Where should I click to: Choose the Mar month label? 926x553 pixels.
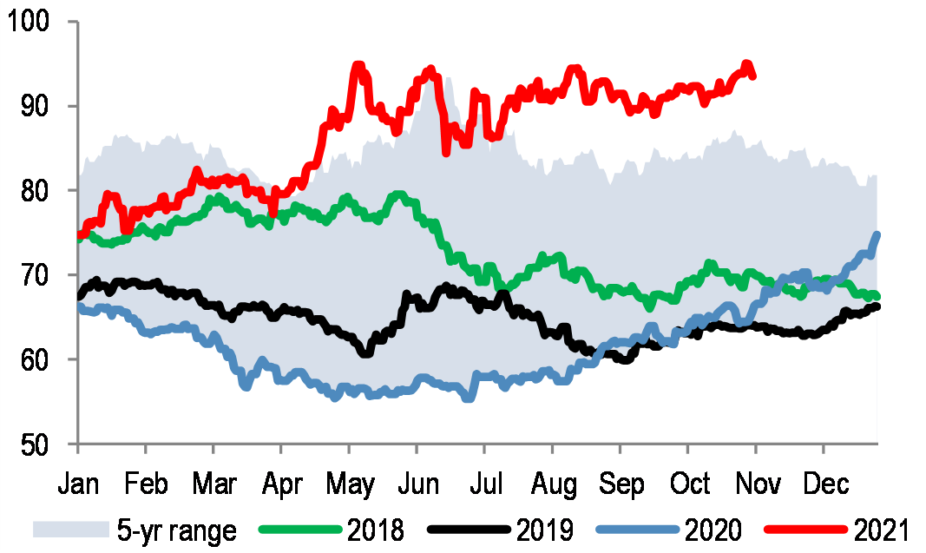tap(213, 484)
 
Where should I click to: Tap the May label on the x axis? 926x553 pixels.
tap(350, 484)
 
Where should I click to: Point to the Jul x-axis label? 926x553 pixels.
tap(484, 484)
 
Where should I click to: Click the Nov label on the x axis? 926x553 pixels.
tap(756, 484)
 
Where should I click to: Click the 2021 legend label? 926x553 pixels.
tap(878, 529)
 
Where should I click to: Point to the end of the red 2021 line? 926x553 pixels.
tap(752, 76)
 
